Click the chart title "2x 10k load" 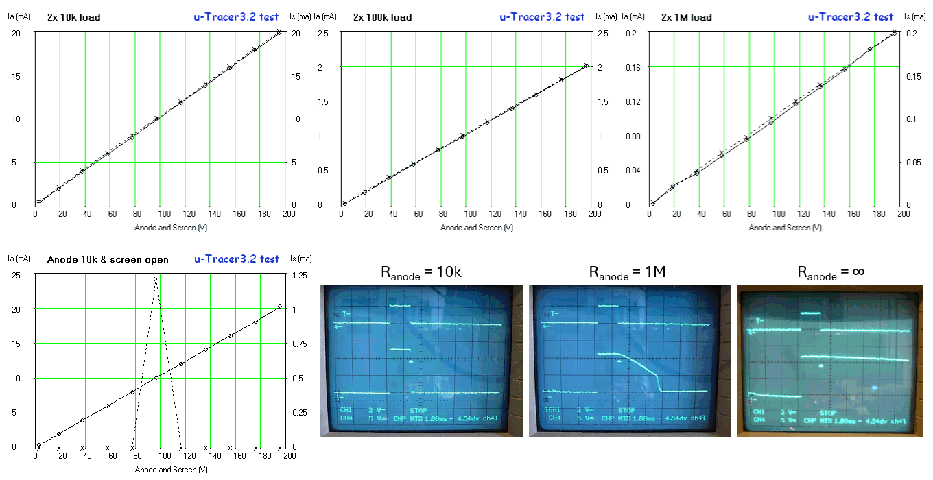tap(73, 17)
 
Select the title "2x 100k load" tap(382, 17)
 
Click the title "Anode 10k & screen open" tap(108, 259)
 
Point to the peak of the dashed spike tap(156, 278)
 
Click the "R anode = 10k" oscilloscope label tap(421, 272)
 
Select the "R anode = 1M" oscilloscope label tap(628, 272)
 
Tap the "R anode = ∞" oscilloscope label tap(831, 272)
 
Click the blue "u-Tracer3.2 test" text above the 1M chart tap(851, 17)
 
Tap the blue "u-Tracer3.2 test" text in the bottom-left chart tap(237, 259)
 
